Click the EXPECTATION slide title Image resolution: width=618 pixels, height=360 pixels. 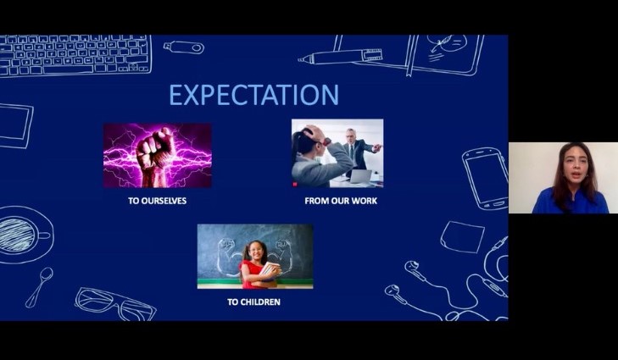253,95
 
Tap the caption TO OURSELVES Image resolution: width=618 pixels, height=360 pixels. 158,201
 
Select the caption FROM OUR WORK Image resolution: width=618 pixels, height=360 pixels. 341,201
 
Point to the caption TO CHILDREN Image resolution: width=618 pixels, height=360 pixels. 253,302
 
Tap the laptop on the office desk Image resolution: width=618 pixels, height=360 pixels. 360,177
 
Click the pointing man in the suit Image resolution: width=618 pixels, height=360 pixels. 356,152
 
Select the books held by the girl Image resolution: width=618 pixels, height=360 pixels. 270,272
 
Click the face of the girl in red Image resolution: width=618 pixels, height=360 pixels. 257,252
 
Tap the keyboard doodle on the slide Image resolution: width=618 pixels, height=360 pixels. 75,55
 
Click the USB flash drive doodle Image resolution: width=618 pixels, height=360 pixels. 184,47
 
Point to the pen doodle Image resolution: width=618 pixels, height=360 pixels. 340,56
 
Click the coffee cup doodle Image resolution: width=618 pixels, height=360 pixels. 25,235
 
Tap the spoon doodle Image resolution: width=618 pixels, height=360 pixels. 39,287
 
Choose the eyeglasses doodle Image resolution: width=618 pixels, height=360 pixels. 115,304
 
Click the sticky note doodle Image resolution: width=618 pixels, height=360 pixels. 462,236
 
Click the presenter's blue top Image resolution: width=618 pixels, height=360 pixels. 570,202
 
